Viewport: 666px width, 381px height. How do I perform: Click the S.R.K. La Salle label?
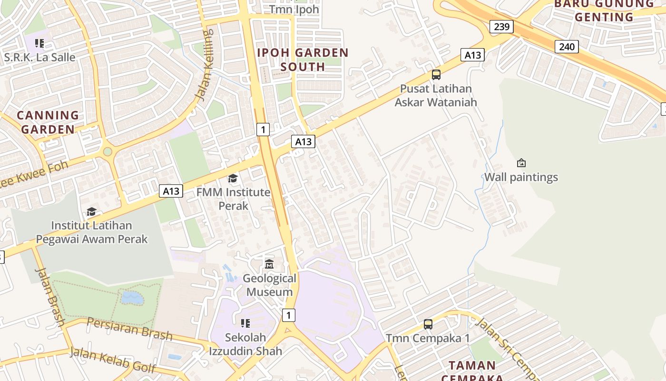click(x=39, y=57)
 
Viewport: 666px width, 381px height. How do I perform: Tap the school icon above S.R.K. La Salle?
click(x=39, y=44)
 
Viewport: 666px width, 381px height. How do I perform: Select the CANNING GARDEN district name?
click(x=48, y=122)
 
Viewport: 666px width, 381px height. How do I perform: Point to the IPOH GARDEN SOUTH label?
click(x=303, y=60)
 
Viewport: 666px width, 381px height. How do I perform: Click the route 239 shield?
click(x=501, y=26)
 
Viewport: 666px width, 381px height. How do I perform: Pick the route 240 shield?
click(x=566, y=47)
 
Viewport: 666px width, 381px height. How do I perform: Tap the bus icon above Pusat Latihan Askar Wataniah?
click(x=436, y=75)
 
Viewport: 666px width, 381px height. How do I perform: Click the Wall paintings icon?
click(x=521, y=163)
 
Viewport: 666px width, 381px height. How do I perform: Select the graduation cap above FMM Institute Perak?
click(x=233, y=179)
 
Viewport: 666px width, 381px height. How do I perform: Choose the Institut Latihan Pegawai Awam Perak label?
click(x=92, y=232)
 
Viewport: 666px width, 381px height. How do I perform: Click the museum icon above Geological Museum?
click(x=269, y=264)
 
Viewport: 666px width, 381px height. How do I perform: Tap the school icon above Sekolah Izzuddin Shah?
click(x=245, y=324)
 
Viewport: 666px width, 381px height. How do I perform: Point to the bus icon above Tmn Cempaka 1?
click(x=428, y=324)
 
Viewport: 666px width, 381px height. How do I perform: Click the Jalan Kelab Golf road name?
click(x=113, y=360)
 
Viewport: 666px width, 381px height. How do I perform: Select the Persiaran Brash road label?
click(x=129, y=329)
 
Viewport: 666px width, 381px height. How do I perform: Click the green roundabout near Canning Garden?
click(x=108, y=151)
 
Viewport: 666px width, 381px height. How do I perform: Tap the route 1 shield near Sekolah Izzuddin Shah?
click(x=288, y=315)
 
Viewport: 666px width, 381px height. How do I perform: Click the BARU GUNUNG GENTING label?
click(x=604, y=10)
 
